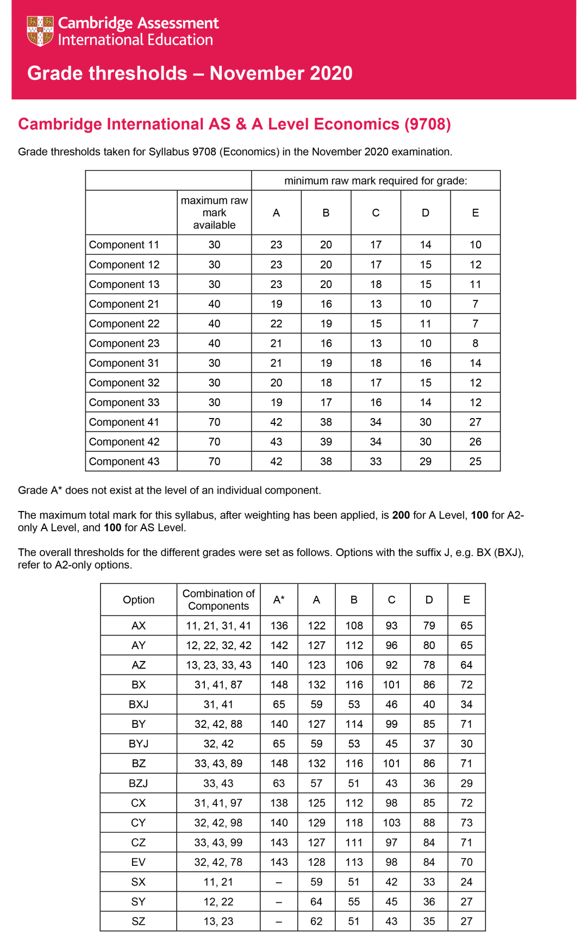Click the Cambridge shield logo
click(40, 31)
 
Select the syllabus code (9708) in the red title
click(427, 124)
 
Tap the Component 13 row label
click(124, 284)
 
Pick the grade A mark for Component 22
click(276, 324)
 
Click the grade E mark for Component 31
click(475, 363)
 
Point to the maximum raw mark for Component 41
click(214, 422)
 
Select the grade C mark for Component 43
click(376, 461)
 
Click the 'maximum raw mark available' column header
click(214, 213)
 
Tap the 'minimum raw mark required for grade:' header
click(376, 180)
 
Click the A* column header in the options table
click(279, 600)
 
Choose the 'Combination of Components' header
click(218, 600)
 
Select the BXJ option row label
click(139, 704)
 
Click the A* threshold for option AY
click(279, 645)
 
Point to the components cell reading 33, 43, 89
click(218, 764)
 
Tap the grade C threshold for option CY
click(391, 823)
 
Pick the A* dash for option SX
click(279, 882)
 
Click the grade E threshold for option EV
click(466, 862)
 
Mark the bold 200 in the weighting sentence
click(401, 515)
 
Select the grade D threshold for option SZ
click(429, 921)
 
